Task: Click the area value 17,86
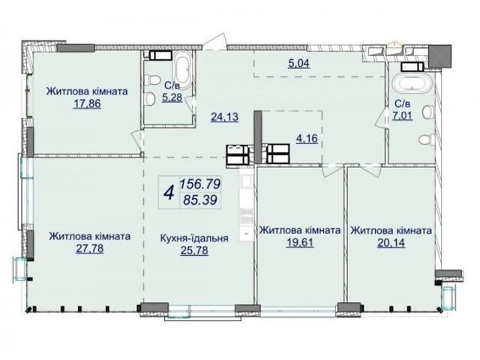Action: (87, 104)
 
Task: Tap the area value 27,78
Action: (90, 249)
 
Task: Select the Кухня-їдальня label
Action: (194, 238)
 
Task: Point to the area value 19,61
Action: (300, 243)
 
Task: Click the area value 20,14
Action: (391, 243)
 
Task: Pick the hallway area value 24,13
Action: (225, 117)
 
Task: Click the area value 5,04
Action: (299, 63)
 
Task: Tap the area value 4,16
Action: (307, 139)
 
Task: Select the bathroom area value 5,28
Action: (172, 97)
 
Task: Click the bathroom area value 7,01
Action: (403, 115)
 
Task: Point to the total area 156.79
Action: (200, 184)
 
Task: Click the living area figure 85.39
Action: (200, 200)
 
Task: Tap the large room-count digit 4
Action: (169, 193)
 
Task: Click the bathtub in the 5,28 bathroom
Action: (182, 68)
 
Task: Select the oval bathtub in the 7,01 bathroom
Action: (412, 82)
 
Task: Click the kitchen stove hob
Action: (247, 216)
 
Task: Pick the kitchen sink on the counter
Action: (247, 182)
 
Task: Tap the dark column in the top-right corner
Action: (440, 56)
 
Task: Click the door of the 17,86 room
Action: (137, 140)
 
